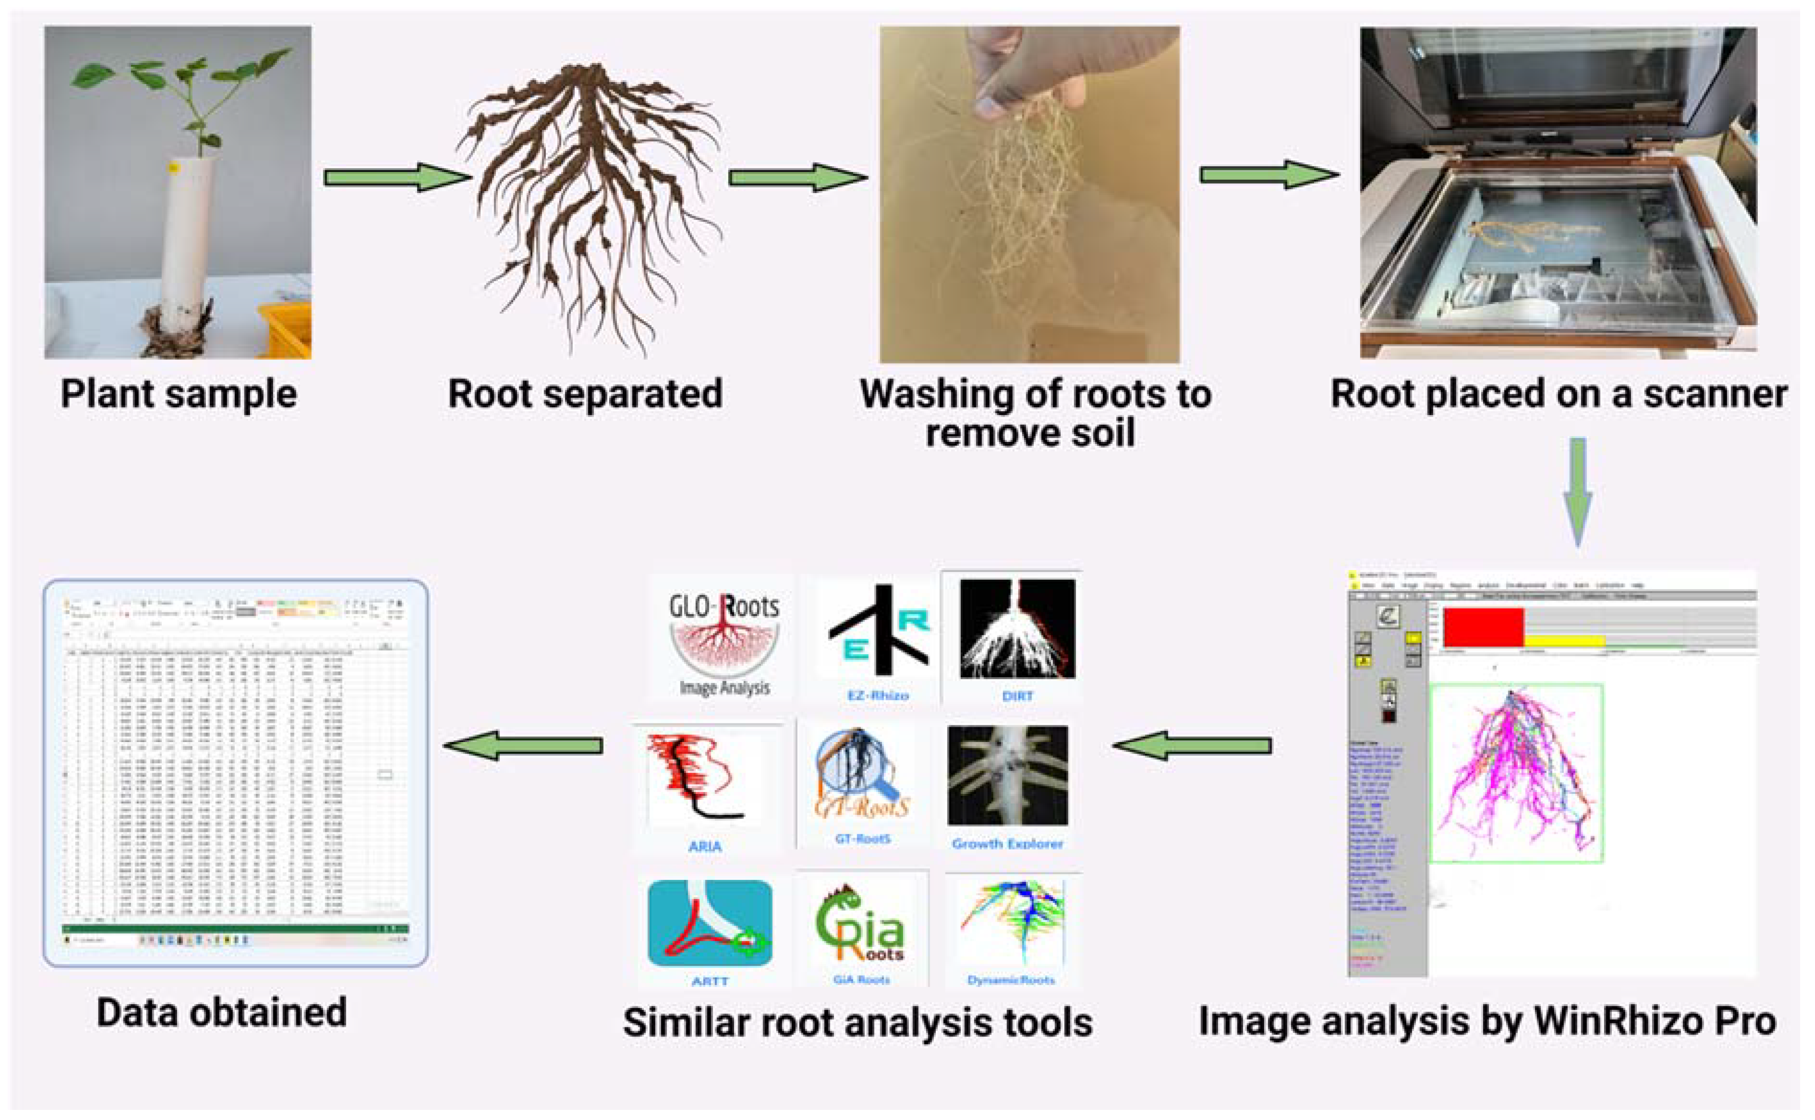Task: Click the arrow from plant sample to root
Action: tap(397, 177)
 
